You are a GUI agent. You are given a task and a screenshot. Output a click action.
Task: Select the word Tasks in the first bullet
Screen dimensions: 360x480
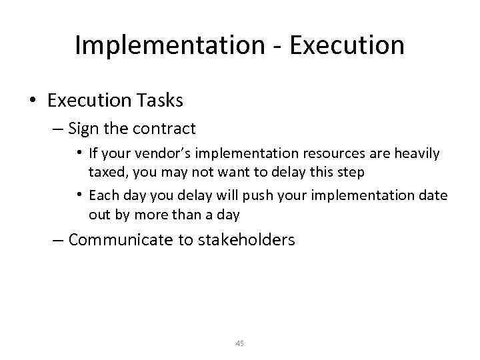coord(160,101)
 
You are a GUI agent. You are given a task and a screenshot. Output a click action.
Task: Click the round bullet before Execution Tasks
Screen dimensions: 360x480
coord(33,101)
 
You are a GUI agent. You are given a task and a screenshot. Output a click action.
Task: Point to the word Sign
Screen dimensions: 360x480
coord(83,128)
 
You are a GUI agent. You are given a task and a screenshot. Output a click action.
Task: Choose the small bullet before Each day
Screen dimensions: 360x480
coord(79,196)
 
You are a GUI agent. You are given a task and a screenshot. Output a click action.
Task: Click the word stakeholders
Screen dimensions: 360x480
coord(246,240)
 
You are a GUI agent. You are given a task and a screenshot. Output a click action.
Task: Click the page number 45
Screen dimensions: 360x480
coord(240,343)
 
